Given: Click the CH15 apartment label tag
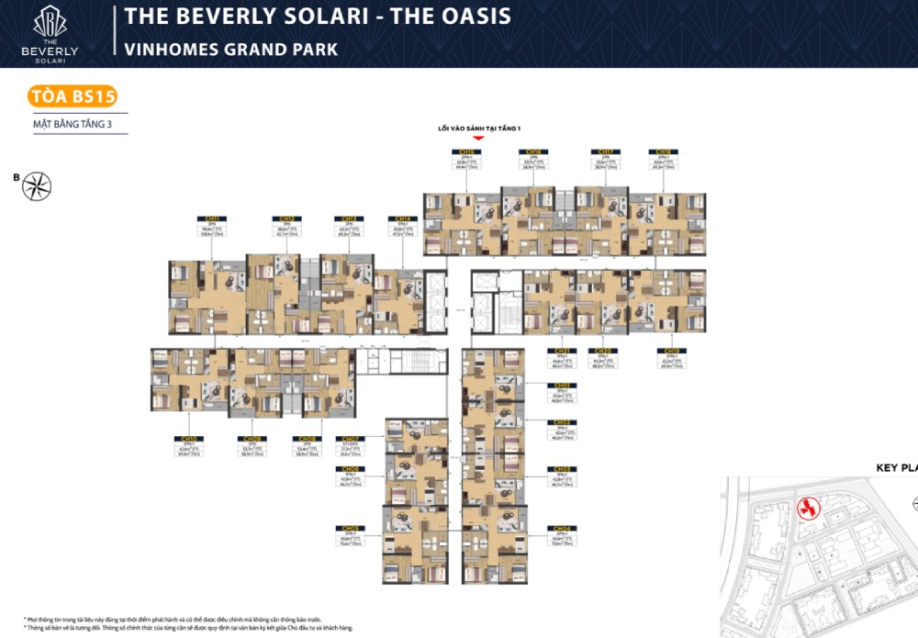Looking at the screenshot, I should (x=466, y=160).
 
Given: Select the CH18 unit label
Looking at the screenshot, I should (x=663, y=160).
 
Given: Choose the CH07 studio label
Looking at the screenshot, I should (x=349, y=445).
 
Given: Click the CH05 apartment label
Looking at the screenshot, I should (x=349, y=535).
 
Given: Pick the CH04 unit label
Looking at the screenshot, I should (x=562, y=535).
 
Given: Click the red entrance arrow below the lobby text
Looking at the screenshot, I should (x=477, y=139).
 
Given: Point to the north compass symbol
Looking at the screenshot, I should (x=37, y=186).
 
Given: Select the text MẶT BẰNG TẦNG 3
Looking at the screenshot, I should (x=72, y=123).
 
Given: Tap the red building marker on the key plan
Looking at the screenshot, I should (x=806, y=508).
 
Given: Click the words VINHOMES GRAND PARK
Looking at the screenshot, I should (x=230, y=50).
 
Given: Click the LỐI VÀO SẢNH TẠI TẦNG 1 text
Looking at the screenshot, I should (x=477, y=129).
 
